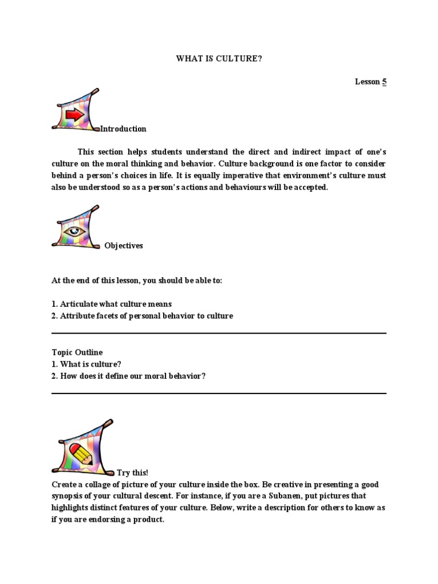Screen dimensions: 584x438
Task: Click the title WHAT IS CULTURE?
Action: (x=219, y=59)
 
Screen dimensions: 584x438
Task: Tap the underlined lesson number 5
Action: (x=384, y=82)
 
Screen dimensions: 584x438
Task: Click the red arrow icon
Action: (x=75, y=115)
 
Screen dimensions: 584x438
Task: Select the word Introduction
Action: (x=123, y=129)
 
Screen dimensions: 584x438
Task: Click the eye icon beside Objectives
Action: (x=74, y=232)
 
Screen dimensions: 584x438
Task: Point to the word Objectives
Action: (x=124, y=246)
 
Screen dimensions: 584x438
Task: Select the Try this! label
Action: (x=132, y=473)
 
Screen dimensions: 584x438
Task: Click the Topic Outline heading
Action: (x=77, y=352)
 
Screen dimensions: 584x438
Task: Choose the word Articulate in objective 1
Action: (x=79, y=304)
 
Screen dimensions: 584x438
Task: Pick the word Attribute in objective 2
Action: (x=78, y=316)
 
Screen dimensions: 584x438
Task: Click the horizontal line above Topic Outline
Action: (x=219, y=333)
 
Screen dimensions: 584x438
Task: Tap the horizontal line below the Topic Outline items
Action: (x=219, y=393)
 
